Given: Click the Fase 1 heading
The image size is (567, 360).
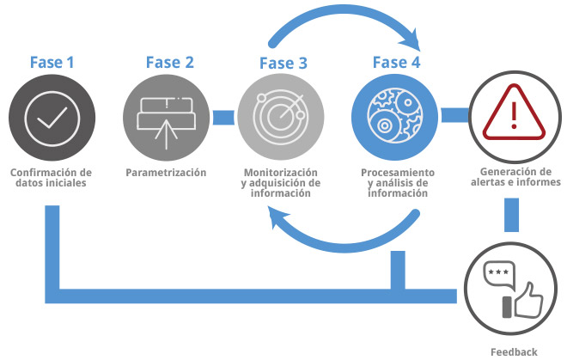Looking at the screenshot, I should (x=52, y=62).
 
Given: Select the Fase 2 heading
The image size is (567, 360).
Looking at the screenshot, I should (x=169, y=62).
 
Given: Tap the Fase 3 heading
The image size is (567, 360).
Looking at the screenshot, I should (x=283, y=64).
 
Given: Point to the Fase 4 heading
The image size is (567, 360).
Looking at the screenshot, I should (x=396, y=62).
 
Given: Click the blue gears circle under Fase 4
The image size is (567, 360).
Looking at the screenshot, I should (x=394, y=117).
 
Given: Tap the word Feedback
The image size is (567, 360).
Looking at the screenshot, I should (x=514, y=351).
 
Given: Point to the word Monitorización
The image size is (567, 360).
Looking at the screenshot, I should (x=281, y=172).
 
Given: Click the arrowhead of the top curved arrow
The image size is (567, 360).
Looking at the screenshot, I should (x=418, y=40).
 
